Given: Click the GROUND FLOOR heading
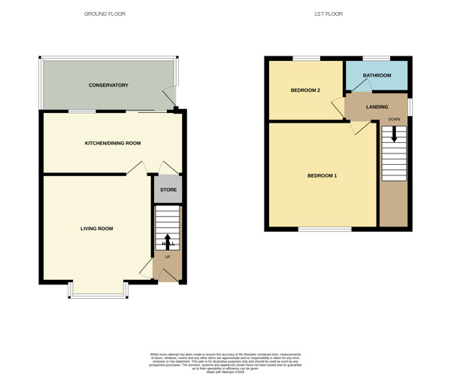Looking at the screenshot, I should [x=104, y=14].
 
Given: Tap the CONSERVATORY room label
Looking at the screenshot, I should [x=109, y=85].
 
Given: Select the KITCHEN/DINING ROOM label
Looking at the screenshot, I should [x=113, y=143].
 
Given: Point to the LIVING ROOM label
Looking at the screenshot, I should [x=97, y=228].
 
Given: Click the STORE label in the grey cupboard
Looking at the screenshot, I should [x=168, y=190].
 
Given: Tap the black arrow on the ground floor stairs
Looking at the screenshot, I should [x=167, y=242].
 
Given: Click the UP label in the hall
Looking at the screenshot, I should [x=167, y=257].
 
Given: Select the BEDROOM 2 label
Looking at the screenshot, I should [x=305, y=90].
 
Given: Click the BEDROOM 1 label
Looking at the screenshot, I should [x=322, y=176].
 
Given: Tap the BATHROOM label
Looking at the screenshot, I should [x=377, y=75].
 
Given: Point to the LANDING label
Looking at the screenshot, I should [x=377, y=107].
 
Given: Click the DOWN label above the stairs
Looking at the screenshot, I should [x=394, y=119].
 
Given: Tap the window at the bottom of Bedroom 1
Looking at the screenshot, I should [x=324, y=228].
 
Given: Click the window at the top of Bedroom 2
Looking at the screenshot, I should [x=305, y=58].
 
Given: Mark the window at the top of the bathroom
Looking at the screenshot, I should [x=377, y=58].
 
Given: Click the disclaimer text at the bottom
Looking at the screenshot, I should [x=225, y=360].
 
